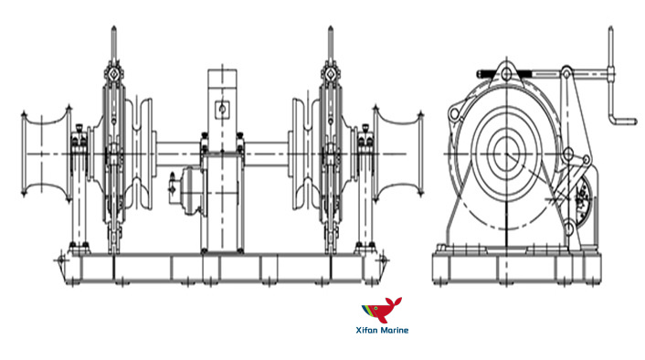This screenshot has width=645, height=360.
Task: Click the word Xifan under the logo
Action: pyautogui.click(x=366, y=330)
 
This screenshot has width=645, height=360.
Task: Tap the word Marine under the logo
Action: pyautogui.click(x=394, y=330)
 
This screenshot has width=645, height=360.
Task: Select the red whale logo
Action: pyautogui.click(x=382, y=310)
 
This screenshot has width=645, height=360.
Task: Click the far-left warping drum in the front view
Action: pyautogui.click(x=46, y=154)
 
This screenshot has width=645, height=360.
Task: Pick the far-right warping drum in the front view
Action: pyautogui.click(x=397, y=154)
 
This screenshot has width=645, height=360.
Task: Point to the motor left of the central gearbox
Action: pyautogui.click(x=185, y=191)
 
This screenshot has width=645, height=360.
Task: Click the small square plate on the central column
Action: pyautogui.click(x=222, y=109)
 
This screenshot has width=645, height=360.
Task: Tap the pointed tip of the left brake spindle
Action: pyautogui.click(x=114, y=27)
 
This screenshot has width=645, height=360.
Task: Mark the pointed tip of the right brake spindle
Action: pyautogui.click(x=331, y=27)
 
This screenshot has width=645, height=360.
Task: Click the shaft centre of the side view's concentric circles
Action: pyautogui.click(x=507, y=154)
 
